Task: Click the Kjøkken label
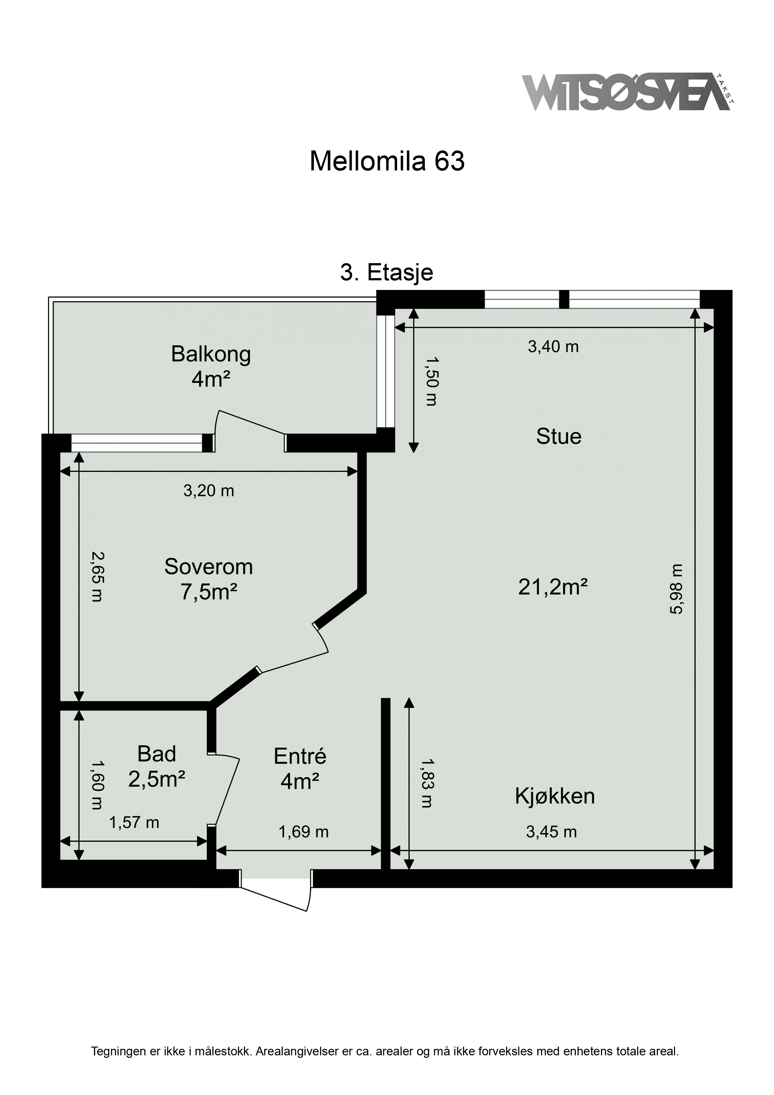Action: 555,797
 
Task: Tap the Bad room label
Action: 156,754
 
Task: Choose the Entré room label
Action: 300,756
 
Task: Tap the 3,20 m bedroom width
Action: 209,491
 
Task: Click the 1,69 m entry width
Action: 303,832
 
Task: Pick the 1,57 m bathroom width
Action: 134,822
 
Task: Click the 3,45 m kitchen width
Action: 551,832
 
